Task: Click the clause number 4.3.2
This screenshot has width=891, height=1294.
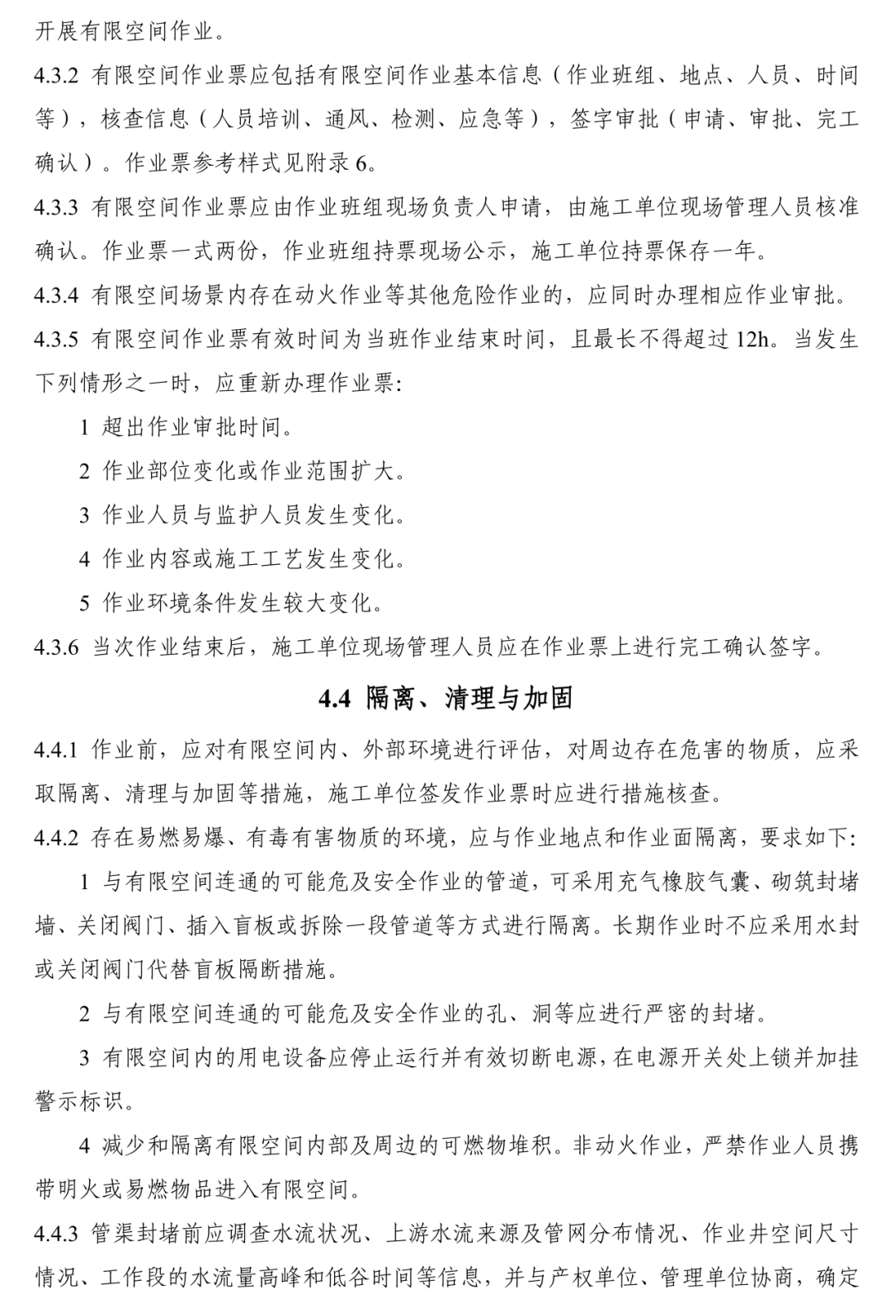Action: pos(56,77)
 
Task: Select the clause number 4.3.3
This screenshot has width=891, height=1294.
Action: pos(56,207)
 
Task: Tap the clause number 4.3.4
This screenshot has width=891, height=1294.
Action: pos(56,294)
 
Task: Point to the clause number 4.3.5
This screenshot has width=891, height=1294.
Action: pos(56,338)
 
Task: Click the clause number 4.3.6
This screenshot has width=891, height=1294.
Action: pos(56,647)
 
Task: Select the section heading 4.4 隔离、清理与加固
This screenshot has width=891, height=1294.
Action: pos(445,699)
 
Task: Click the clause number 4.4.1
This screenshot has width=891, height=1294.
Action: pos(56,750)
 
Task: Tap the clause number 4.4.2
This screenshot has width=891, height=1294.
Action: pos(56,838)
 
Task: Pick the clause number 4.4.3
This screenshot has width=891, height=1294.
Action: pos(56,1234)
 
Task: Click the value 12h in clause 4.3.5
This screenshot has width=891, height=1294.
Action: pos(752,339)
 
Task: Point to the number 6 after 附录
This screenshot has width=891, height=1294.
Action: pos(361,163)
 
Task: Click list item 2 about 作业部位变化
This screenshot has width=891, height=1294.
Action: pos(242,472)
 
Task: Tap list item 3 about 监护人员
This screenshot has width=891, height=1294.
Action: pos(242,515)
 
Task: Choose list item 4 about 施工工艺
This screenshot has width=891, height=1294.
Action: pos(242,559)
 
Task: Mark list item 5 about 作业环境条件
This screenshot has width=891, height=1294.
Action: pos(231,603)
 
